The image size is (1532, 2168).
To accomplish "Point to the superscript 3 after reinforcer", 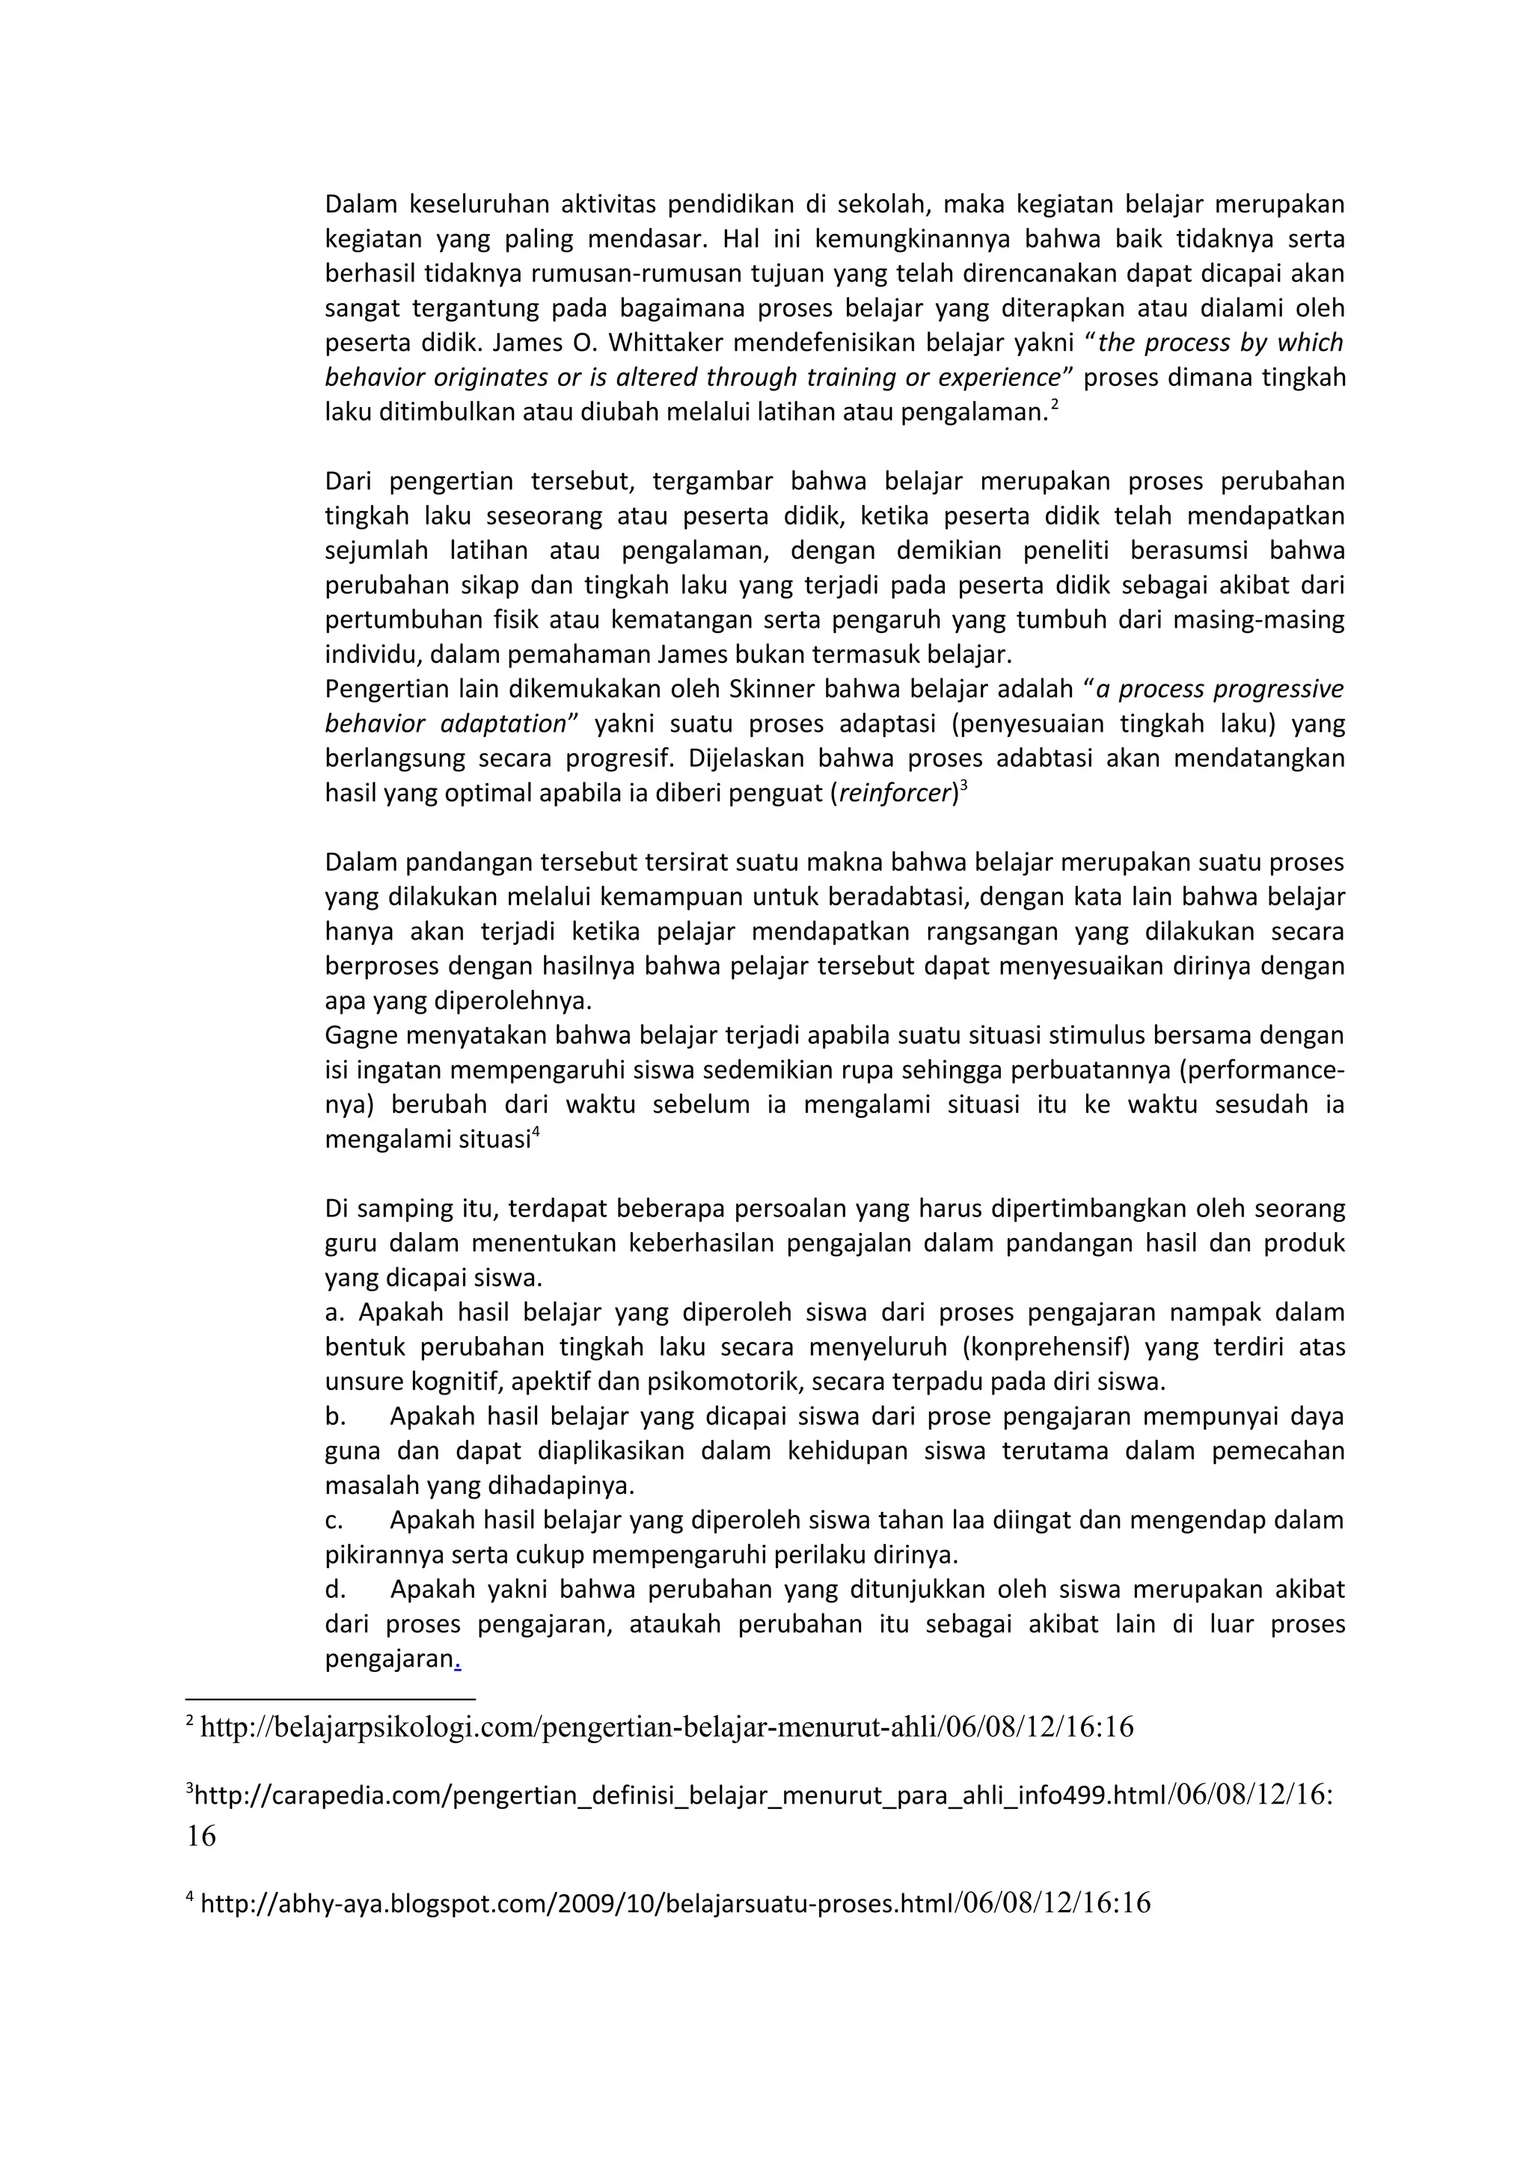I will click(963, 786).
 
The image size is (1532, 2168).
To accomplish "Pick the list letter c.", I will click(333, 1520).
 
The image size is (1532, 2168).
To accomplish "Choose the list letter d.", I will click(334, 1590).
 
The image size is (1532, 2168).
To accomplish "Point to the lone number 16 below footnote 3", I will click(201, 1837).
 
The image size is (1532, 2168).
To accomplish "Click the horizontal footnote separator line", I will click(331, 1700).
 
